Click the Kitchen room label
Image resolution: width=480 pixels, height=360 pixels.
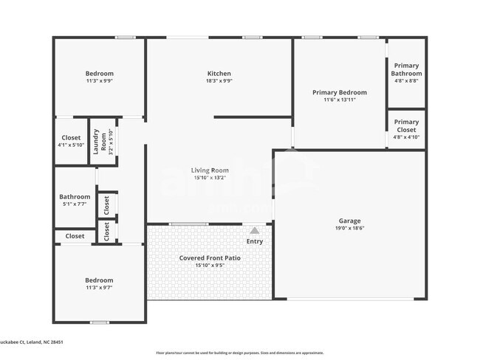tap(219, 74)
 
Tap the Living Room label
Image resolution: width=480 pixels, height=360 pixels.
tap(210, 170)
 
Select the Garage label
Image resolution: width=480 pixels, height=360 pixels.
tap(350, 221)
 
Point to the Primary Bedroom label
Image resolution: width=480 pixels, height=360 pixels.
tap(340, 92)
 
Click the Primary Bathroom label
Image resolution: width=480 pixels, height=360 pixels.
tap(406, 69)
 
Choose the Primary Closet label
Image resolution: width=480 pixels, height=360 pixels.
tap(406, 126)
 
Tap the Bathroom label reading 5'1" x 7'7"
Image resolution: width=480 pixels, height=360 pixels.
tap(75, 197)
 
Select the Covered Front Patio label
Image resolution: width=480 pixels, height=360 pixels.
tap(210, 258)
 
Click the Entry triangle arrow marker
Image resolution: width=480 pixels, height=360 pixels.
tap(255, 231)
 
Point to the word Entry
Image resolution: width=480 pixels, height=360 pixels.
tap(255, 241)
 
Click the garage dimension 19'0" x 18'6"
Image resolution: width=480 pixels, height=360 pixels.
tap(350, 228)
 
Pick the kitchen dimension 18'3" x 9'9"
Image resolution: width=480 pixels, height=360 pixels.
tap(219, 81)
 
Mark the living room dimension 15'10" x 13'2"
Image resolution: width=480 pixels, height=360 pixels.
tap(210, 177)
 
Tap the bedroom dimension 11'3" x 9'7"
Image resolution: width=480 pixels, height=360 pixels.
tap(99, 288)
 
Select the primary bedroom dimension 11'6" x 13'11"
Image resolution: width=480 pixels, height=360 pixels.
tap(340, 100)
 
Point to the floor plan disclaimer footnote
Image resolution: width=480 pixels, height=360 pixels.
tap(239, 353)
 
